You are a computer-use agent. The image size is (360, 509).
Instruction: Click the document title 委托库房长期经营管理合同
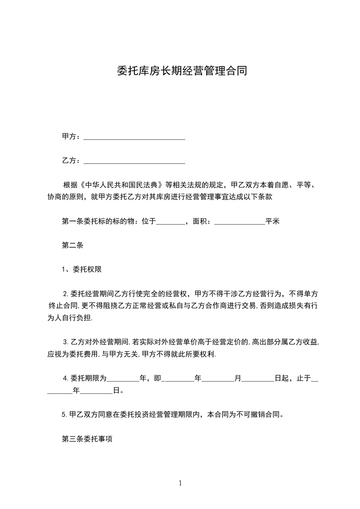click(x=182, y=71)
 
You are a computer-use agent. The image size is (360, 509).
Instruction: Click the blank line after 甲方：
click(x=134, y=137)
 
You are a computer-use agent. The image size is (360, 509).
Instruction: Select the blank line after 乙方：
click(x=134, y=161)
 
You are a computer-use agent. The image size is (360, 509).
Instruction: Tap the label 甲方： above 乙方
click(x=72, y=137)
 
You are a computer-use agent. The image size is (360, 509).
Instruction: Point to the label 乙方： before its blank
click(x=72, y=160)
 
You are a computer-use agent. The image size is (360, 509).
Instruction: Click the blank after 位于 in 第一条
click(x=171, y=222)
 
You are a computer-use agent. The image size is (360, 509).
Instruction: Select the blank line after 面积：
click(x=239, y=222)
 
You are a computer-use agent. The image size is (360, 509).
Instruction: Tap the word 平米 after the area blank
click(x=272, y=222)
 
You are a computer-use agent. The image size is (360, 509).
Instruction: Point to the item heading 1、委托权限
click(x=81, y=269)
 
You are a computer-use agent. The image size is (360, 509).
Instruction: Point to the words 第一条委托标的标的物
click(x=97, y=222)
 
